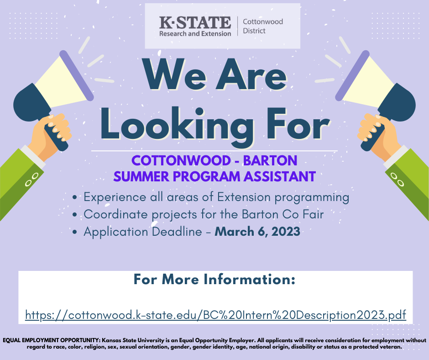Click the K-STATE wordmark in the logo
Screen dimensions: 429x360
tap(195, 22)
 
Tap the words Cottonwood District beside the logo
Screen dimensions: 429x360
tap(263, 26)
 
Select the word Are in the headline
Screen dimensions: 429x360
tap(251, 75)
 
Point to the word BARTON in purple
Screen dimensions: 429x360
tap(270, 160)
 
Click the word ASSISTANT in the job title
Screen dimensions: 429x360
tap(280, 176)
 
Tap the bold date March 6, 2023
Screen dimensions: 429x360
tap(257, 232)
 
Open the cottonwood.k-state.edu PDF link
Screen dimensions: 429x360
tap(215, 315)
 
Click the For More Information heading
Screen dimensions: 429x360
tap(214, 280)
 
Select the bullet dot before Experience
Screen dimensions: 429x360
tap(75, 197)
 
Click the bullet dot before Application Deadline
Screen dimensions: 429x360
tap(75, 232)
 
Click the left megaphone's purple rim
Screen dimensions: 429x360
tap(77, 76)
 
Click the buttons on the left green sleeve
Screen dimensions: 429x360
tap(31, 180)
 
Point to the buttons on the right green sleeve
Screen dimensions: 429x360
tap(397, 180)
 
